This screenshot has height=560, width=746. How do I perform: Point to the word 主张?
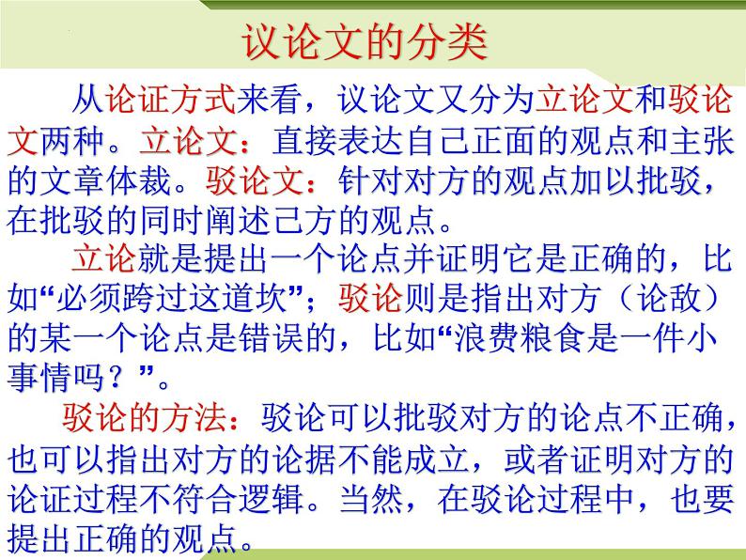pyautogui.click(x=700, y=142)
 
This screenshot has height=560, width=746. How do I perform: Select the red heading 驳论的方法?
pyautogui.click(x=140, y=417)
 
